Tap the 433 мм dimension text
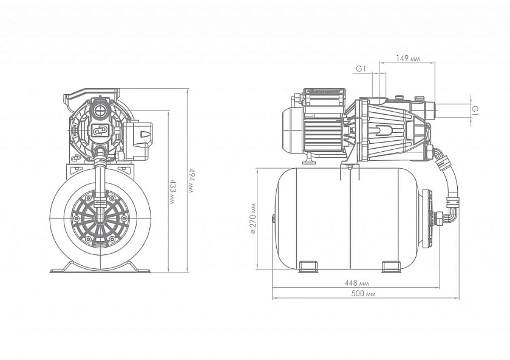pos(172,191)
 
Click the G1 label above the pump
pos(361,69)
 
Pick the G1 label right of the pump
pos(475,109)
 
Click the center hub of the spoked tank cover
pos(98,217)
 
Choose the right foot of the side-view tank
pos(391,266)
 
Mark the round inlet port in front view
pos(100,110)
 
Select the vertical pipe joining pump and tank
pos(99,176)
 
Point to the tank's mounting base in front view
pos(99,268)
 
